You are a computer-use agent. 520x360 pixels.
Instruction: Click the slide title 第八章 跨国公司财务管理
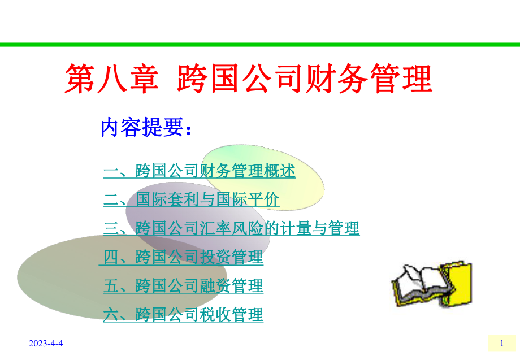coord(249,79)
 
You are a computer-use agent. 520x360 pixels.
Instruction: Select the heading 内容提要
coord(146,128)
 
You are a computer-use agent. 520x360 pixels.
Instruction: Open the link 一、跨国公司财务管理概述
coord(200,171)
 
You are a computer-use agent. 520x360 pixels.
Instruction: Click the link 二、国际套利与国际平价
coord(191,200)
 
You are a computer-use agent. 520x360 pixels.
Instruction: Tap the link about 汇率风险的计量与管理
coord(232,229)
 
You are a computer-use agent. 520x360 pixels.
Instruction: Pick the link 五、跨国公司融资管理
coord(183,286)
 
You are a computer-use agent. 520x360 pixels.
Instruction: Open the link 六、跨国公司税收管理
coord(183,315)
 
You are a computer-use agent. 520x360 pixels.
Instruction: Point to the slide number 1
coord(502,342)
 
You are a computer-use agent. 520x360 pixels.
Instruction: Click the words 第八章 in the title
coord(111,79)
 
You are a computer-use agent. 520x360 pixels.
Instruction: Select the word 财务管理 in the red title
coord(368,79)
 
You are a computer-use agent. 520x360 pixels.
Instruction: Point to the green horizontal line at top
coord(260,44)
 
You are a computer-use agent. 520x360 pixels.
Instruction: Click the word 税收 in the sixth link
coord(215,315)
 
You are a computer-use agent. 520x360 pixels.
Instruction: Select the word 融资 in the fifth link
coord(215,286)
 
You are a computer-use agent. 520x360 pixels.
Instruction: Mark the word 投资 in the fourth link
coord(215,258)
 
